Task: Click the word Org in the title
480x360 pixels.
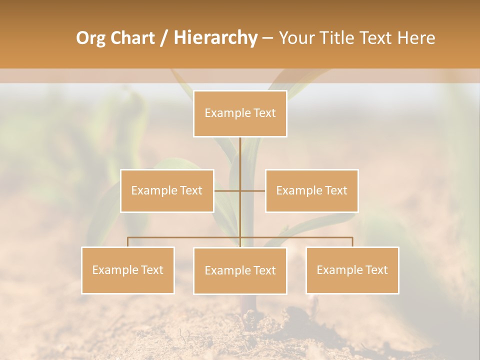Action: pyautogui.click(x=90, y=38)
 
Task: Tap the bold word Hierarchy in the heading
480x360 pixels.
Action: pyautogui.click(x=215, y=38)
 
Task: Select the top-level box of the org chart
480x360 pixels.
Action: pyautogui.click(x=240, y=113)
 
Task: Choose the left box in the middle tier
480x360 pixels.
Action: pyautogui.click(x=167, y=190)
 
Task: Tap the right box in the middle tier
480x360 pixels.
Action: pyautogui.click(x=311, y=190)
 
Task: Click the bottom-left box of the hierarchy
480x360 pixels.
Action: pyautogui.click(x=128, y=270)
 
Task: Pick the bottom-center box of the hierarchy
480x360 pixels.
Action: pyautogui.click(x=240, y=270)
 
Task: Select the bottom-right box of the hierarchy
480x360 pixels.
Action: pyautogui.click(x=352, y=270)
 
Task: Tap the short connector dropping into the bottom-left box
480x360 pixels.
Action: pyautogui.click(x=127, y=242)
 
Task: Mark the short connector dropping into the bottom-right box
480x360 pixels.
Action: pyautogui.click(x=352, y=242)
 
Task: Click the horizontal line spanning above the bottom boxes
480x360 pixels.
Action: pyautogui.click(x=185, y=237)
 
